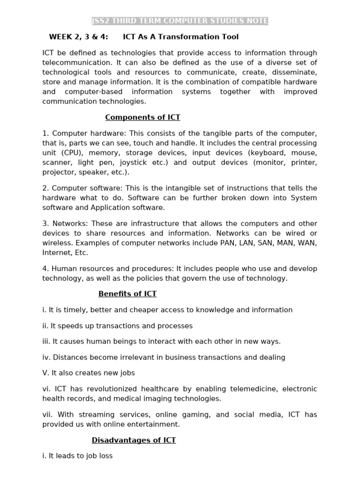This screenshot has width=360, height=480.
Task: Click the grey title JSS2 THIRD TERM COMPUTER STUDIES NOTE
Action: click(x=180, y=21)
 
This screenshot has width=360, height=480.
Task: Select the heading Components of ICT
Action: click(x=142, y=118)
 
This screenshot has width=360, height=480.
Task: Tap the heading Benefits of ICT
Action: click(x=127, y=294)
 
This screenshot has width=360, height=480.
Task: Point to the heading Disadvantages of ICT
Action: click(x=134, y=440)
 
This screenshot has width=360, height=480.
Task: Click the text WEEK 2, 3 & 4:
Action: click(x=78, y=37)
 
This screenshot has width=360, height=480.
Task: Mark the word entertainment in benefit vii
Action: click(x=156, y=424)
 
